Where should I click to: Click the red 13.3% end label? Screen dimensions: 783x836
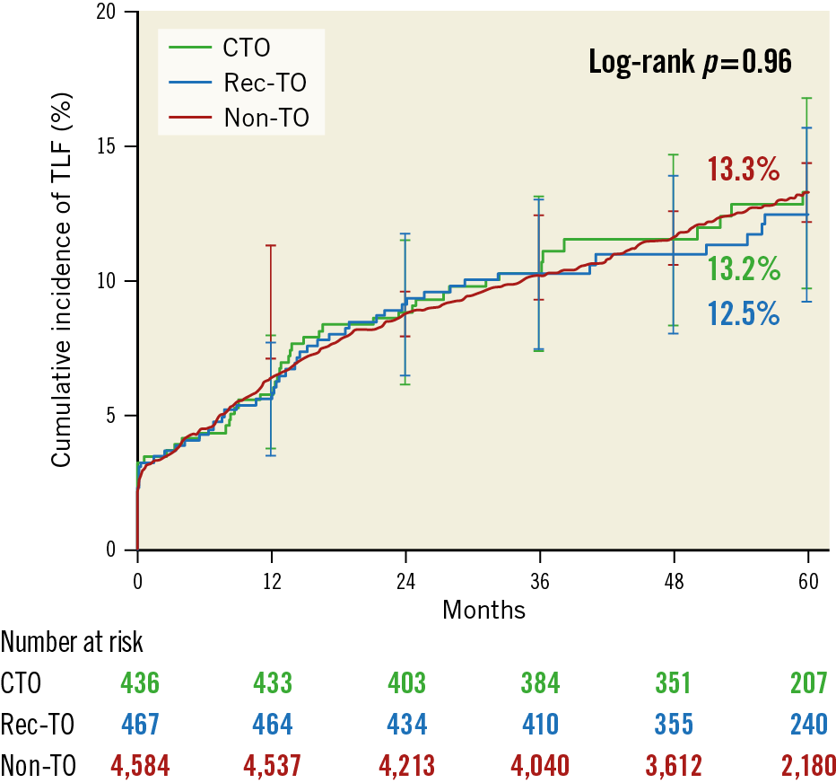[x=743, y=170]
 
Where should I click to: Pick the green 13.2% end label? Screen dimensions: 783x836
[x=743, y=268]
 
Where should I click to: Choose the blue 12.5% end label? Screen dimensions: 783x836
[x=743, y=313]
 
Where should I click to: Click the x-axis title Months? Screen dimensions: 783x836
[x=484, y=610]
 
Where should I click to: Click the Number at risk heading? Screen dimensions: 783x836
[x=72, y=643]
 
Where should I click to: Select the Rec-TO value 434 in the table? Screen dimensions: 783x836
[x=405, y=724]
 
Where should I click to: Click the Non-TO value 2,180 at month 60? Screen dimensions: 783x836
[x=807, y=766]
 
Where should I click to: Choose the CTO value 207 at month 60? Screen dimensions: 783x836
[x=807, y=683]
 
